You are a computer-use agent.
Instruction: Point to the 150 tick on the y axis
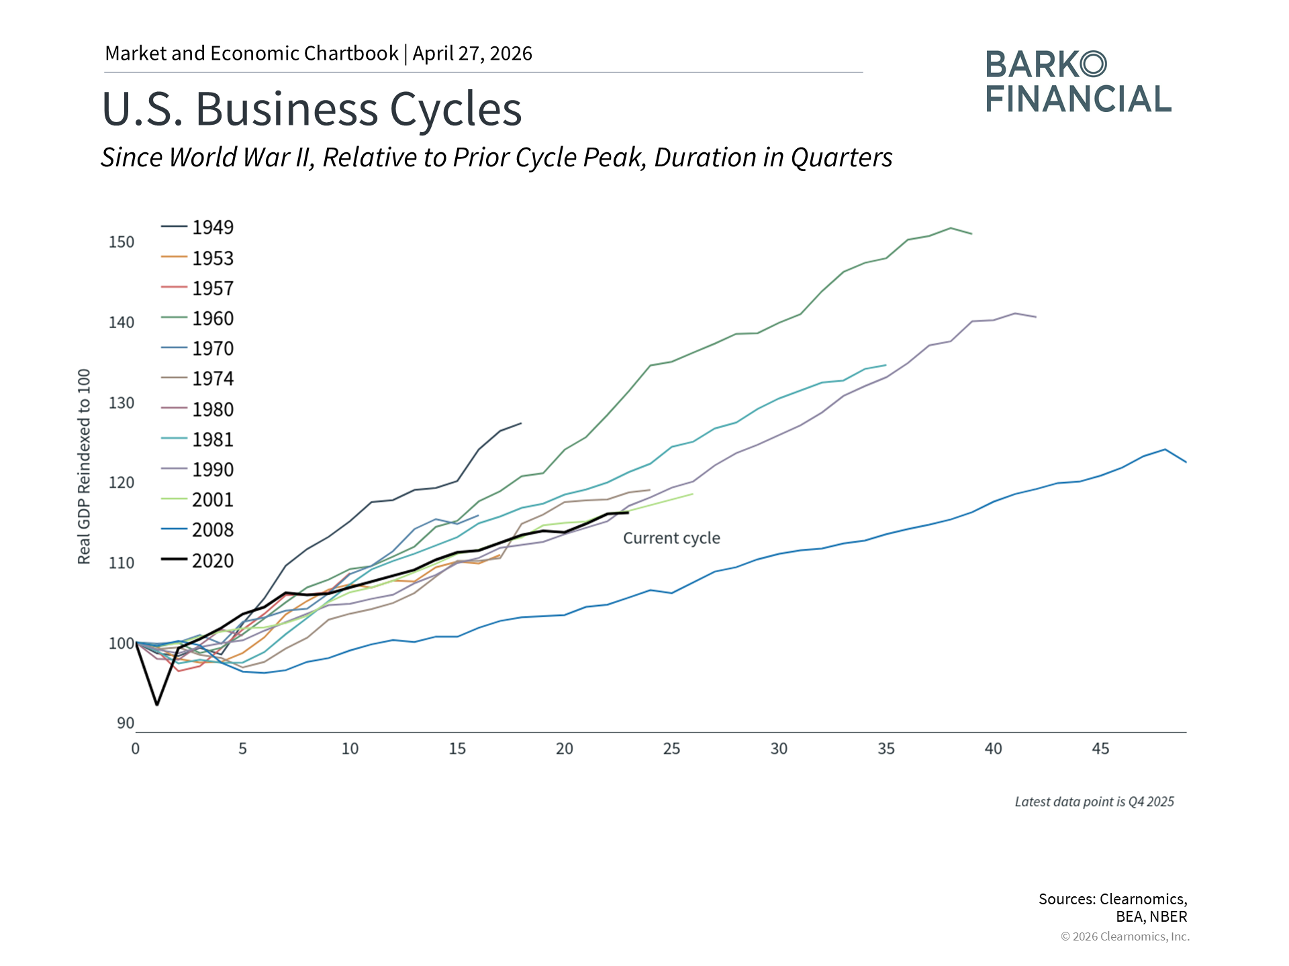tap(122, 242)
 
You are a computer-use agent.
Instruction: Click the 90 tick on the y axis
tap(126, 723)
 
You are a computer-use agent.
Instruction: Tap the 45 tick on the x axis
tap(1100, 749)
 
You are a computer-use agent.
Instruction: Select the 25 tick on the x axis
tap(671, 749)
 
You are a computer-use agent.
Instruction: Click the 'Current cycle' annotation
tap(671, 538)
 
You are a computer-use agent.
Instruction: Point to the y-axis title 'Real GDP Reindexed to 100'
tap(84, 466)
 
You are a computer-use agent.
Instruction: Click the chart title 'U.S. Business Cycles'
tap(312, 109)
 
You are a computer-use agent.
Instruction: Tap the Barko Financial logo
tap(1078, 82)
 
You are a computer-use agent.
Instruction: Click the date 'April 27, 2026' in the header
tap(472, 54)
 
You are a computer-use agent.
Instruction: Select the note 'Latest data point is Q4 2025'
tap(1094, 802)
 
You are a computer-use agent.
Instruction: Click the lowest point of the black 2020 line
tap(157, 704)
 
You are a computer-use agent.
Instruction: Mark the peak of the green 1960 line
tap(951, 228)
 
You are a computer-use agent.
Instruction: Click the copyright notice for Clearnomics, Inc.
tap(1125, 936)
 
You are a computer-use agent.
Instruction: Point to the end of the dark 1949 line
tap(521, 423)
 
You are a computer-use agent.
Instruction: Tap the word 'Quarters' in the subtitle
tap(841, 158)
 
